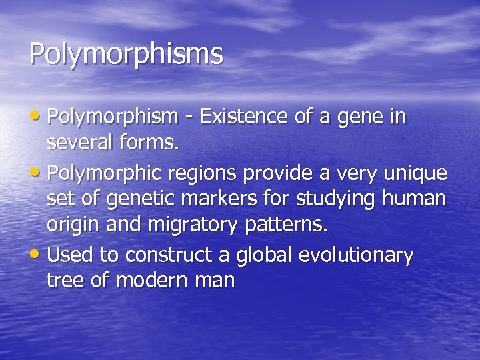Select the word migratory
tap(195, 225)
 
